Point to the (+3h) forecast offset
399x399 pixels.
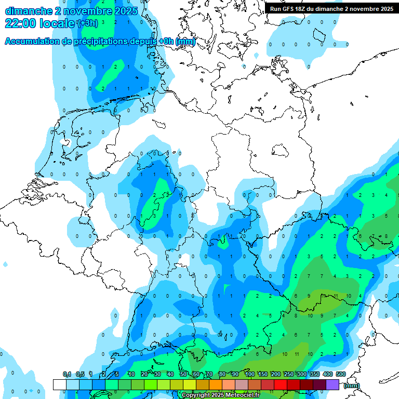(87, 23)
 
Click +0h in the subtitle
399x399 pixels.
(165, 42)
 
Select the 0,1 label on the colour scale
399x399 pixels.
(67, 375)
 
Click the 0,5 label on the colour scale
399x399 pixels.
(80, 375)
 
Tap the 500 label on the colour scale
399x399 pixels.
(341, 375)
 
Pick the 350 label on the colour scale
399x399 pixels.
(315, 375)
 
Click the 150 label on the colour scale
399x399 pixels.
(263, 375)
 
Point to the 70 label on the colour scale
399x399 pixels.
(209, 375)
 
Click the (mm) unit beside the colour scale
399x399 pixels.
(352, 385)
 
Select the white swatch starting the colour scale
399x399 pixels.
(59, 384)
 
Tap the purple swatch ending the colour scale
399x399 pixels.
(332, 384)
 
